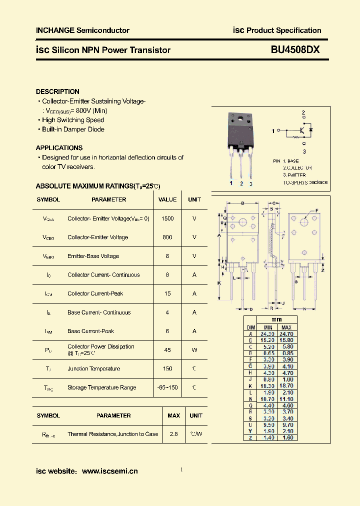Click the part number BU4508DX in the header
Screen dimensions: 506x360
[295, 50]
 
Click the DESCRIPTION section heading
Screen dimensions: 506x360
[57, 91]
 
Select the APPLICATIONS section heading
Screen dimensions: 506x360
[59, 148]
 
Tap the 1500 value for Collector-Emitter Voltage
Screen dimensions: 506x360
[167, 218]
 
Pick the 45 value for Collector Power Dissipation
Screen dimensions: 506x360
[167, 350]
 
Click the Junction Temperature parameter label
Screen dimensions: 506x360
[94, 368]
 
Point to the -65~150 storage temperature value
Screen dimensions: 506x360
[167, 387]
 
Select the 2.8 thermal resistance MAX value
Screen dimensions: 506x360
[173, 434]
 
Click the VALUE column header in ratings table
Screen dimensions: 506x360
[167, 199]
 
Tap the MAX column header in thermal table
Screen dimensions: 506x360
[173, 415]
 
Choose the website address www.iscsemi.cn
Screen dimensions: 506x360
[109, 471]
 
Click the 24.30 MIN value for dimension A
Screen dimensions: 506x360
[267, 333]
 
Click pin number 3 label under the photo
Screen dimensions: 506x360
[250, 183]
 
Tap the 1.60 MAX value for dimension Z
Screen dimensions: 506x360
[286, 437]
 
